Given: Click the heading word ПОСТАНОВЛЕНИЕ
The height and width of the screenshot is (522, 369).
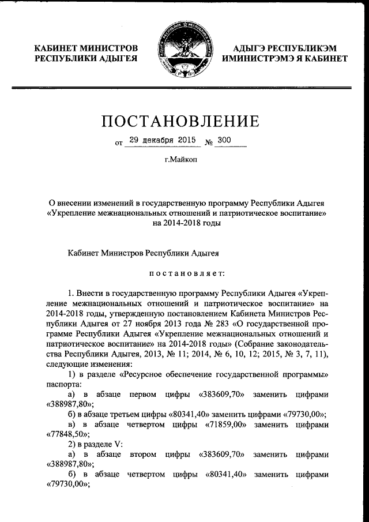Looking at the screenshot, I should click(x=184, y=121).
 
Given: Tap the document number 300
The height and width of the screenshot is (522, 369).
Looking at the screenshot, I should click(x=222, y=140).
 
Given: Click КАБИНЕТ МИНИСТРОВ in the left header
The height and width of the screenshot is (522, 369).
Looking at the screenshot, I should click(x=86, y=47).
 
